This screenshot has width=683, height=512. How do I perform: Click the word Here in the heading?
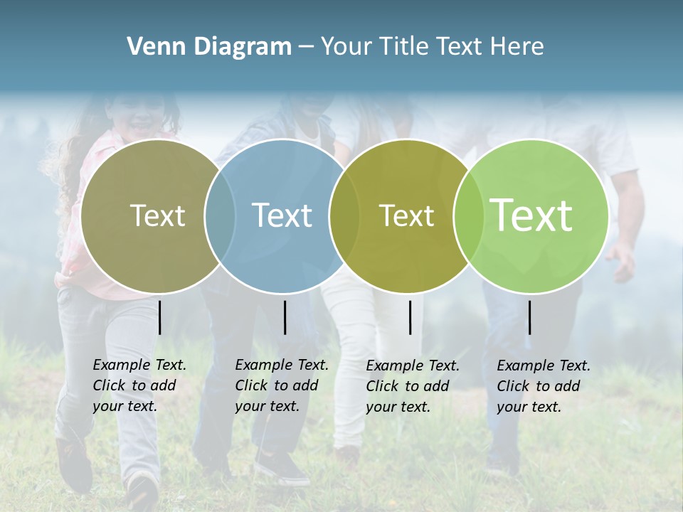tap(517, 47)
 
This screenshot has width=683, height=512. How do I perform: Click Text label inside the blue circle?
tap(282, 215)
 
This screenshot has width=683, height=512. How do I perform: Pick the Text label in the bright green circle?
tap(531, 215)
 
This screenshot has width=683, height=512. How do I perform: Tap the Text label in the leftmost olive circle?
tap(157, 215)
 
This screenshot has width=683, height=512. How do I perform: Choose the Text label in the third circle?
tap(406, 215)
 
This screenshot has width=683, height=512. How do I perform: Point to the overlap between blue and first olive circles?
tap(220, 215)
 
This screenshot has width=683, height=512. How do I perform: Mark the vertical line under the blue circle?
tap(285, 317)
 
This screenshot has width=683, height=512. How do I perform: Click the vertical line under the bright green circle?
tap(529, 317)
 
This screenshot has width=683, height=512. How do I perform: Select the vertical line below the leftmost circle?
tap(160, 317)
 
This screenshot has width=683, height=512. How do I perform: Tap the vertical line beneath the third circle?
tap(410, 317)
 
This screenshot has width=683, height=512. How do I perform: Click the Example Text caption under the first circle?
tap(139, 385)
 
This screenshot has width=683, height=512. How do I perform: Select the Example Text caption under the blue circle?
tap(282, 385)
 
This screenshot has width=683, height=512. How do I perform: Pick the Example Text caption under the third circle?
tap(413, 386)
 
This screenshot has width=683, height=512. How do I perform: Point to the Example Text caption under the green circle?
tap(544, 386)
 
